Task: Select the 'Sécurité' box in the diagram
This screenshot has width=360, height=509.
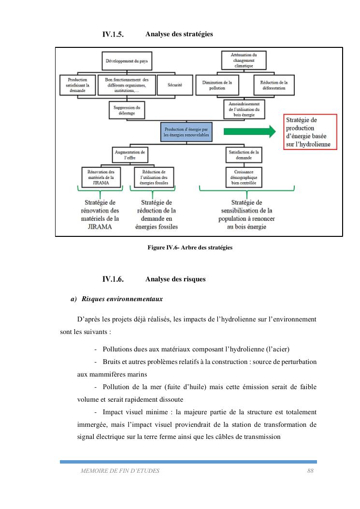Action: coord(174,85)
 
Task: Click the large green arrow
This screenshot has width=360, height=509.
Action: coord(248,131)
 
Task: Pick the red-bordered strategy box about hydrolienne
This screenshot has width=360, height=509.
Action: coord(310,131)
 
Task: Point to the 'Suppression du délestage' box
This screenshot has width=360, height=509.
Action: coord(127,110)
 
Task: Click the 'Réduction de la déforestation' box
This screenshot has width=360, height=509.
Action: coord(274,85)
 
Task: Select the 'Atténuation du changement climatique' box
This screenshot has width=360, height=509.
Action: coord(244,61)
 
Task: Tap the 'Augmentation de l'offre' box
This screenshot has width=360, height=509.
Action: coord(130,155)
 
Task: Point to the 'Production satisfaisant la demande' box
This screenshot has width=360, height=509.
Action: coord(78,85)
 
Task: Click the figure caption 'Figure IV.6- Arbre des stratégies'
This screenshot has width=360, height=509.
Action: coord(190,247)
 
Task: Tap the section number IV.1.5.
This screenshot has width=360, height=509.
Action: coord(113,35)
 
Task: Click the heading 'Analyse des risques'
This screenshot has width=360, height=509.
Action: coord(175,279)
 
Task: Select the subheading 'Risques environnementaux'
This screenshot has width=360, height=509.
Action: coord(122,299)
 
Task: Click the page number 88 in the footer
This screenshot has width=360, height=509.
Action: coord(311,471)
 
